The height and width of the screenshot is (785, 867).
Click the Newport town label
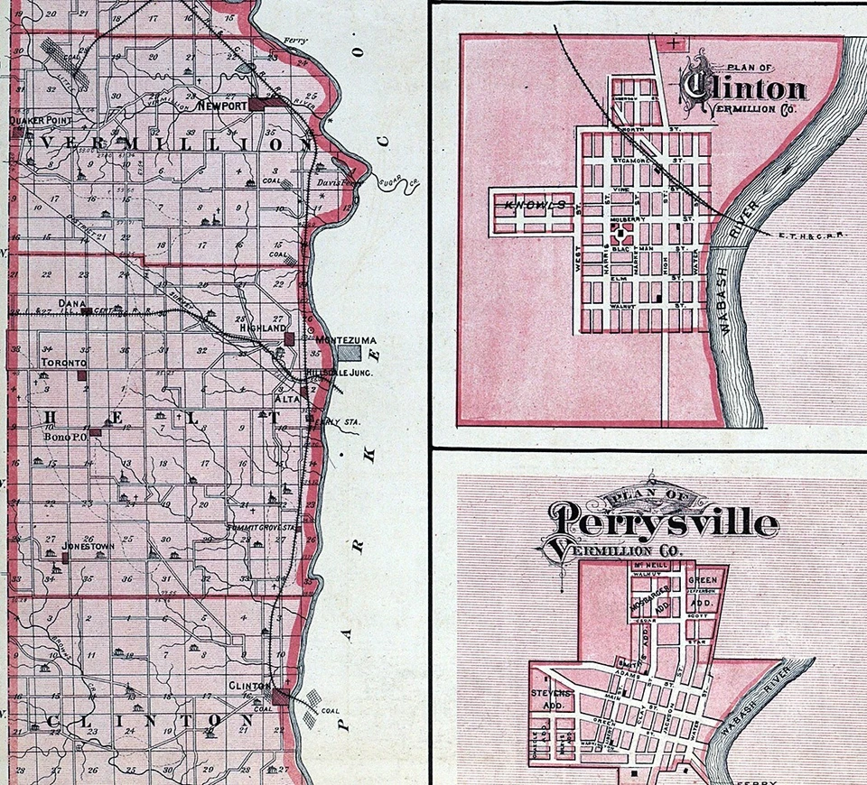[x=223, y=106]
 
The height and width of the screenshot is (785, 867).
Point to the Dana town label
[x=70, y=304]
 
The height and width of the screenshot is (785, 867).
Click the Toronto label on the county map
[x=64, y=362]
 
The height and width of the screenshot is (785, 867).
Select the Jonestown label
[x=86, y=547]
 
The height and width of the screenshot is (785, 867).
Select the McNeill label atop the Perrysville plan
[x=649, y=565]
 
